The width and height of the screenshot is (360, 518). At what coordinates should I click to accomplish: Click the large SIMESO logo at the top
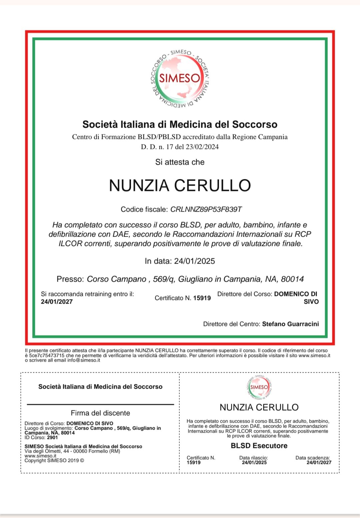coord(180,79)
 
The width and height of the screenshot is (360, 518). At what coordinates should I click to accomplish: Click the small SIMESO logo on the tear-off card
coord(259,387)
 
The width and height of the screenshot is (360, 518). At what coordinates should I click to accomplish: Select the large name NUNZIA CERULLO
coord(180,185)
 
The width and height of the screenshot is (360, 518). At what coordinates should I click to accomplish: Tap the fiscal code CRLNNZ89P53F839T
coord(206,209)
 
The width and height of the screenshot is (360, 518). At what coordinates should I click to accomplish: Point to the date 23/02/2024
coord(202,147)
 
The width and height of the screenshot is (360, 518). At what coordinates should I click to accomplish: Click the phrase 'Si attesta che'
coord(180,162)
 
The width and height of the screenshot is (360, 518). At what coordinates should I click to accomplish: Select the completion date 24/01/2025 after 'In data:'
coord(195,261)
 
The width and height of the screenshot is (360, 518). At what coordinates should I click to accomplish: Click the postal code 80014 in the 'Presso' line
coord(292,279)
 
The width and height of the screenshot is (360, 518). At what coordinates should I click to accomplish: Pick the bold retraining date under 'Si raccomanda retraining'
coord(57,302)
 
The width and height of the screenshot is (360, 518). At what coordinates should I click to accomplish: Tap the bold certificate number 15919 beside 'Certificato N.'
coord(202,298)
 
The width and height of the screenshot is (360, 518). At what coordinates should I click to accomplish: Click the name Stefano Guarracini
coord(290,324)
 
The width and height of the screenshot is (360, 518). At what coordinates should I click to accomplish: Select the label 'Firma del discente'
coord(100,413)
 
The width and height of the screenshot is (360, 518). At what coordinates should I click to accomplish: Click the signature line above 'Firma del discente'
coord(100,404)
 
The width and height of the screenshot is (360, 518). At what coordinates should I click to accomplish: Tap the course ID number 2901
coord(52,437)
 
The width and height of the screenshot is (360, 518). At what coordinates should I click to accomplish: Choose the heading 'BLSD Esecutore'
coord(259,446)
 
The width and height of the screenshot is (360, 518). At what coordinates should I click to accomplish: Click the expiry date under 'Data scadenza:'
coord(319,462)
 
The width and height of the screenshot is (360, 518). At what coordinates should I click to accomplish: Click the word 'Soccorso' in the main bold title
coord(255,124)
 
